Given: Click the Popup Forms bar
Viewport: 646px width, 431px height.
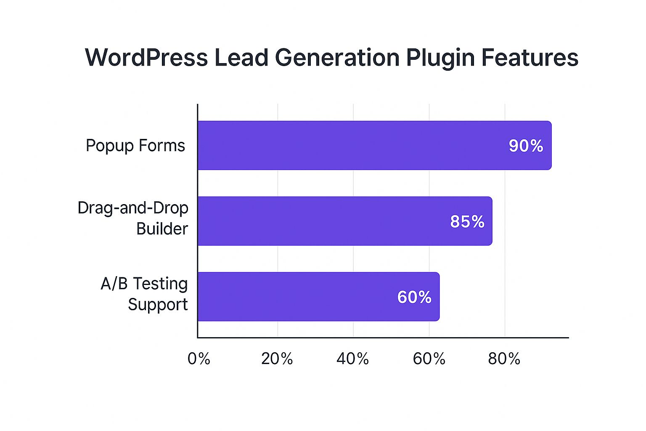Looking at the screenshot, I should coord(374,145).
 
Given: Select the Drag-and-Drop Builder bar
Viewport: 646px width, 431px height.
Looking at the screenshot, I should coord(345,221).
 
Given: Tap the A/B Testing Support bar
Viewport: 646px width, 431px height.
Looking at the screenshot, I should coord(318,297).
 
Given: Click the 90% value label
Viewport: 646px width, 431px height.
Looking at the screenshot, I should coord(526,146).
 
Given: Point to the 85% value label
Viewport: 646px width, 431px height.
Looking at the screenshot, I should coord(467,222).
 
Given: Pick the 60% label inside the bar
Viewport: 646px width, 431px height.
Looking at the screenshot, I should coord(414,298).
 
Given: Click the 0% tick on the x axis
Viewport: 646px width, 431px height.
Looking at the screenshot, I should coord(199,359).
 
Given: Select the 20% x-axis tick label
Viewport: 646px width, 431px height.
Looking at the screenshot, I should coord(277,359).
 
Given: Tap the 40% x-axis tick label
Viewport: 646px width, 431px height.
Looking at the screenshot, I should coord(352,359).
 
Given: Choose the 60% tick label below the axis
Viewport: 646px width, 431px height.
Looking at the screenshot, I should coord(429,359).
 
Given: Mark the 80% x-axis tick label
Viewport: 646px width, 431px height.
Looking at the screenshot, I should coord(504,359).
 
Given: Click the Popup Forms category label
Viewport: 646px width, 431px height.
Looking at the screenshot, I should coord(135,146).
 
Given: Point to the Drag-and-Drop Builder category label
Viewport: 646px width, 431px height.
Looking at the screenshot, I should coord(133,218).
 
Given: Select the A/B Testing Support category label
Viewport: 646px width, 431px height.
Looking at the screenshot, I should coord(144,294).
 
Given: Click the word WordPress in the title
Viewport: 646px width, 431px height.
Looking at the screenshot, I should coord(146,58).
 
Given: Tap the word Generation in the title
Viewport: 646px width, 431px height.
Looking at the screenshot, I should coord(337,58).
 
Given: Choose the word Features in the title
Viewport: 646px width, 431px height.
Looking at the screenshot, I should coord(530,58).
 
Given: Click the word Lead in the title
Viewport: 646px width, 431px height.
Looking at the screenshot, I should coord(241,58).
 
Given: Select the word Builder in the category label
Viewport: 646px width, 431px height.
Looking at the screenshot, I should coord(162,229).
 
